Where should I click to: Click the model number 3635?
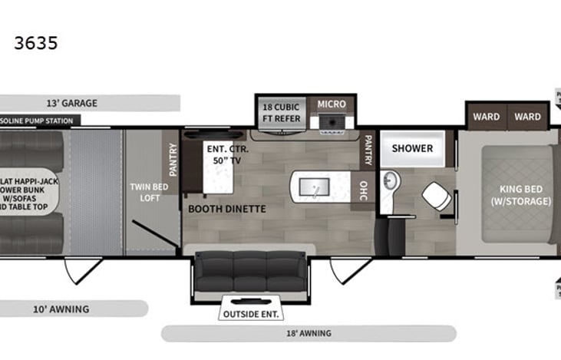pyautogui.click(x=36, y=43)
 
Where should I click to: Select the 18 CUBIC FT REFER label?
pyautogui.click(x=281, y=111)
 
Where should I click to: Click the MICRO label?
pyautogui.click(x=332, y=104)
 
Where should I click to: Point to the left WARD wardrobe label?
pyautogui.click(x=486, y=117)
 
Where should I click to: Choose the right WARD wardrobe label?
pyautogui.click(x=527, y=117)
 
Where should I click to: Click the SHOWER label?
pyautogui.click(x=413, y=148)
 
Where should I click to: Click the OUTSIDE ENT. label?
pyautogui.click(x=251, y=314)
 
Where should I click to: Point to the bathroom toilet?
pyautogui.click(x=436, y=196)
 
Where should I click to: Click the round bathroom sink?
pyautogui.click(x=390, y=183)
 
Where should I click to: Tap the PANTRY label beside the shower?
pyautogui.click(x=368, y=150)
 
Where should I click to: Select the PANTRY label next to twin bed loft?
pyautogui.click(x=172, y=160)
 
